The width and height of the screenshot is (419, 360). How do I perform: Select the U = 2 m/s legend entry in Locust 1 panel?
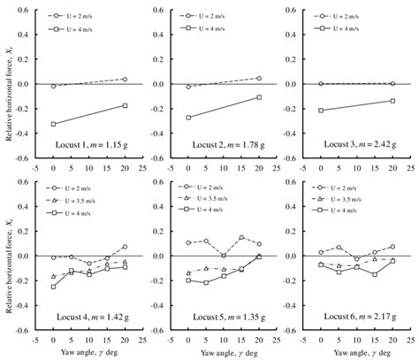pyautogui.click(x=91, y=16)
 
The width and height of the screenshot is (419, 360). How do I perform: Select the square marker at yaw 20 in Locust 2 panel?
pyautogui.click(x=260, y=97)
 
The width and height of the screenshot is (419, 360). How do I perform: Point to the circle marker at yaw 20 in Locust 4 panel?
pyautogui.click(x=125, y=247)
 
